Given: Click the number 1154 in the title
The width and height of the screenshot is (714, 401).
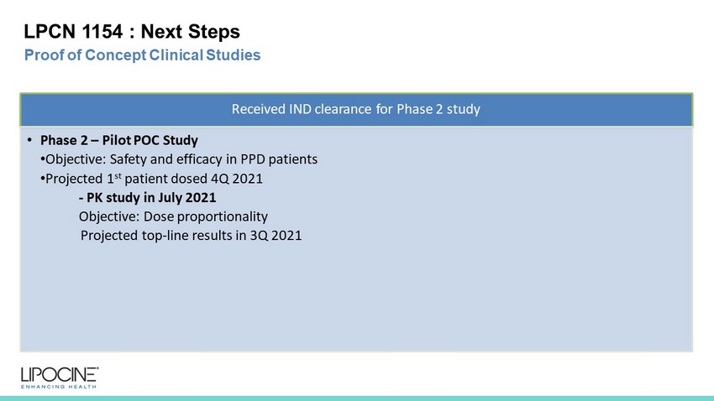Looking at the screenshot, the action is [x=102, y=31].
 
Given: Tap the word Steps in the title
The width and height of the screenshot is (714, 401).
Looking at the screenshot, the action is [x=213, y=32].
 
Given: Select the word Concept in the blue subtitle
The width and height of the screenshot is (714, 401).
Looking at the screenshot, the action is [x=116, y=55].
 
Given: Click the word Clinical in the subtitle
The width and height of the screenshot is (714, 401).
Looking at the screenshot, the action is [x=176, y=55].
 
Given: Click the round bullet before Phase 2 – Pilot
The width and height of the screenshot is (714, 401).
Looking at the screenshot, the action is [x=29, y=139].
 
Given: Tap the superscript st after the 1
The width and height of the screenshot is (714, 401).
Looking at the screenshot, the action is [x=118, y=175].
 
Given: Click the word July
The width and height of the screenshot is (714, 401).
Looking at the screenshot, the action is [x=170, y=198].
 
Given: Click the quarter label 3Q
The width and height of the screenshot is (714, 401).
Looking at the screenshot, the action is [x=259, y=236].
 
